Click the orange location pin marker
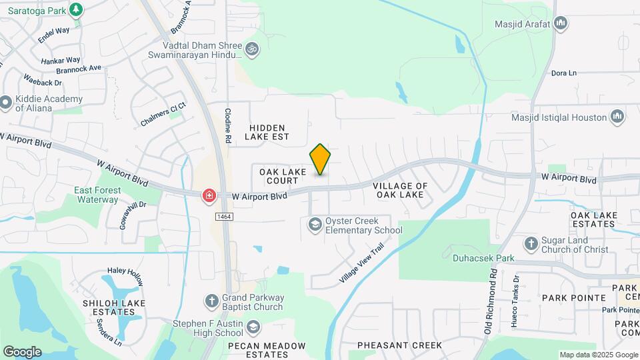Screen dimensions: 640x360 coord(320,159)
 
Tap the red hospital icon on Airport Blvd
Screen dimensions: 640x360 coord(209,195)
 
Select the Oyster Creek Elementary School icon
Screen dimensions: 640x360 coord(314,225)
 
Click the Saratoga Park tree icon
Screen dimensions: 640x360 coord(77,9)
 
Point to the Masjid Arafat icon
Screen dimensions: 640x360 coord(561,24)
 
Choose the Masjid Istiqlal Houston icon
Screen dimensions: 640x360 coord(618,117)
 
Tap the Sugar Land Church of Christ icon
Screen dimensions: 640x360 coord(531,244)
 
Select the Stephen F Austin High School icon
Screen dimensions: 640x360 coord(253,327)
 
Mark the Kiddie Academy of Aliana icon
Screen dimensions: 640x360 coord(6,103)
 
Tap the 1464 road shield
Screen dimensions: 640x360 coord(223,217)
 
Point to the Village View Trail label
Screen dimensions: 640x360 coord(361,263)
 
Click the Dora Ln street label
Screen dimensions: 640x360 coord(563,73)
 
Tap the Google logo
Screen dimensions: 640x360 coord(22,351)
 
